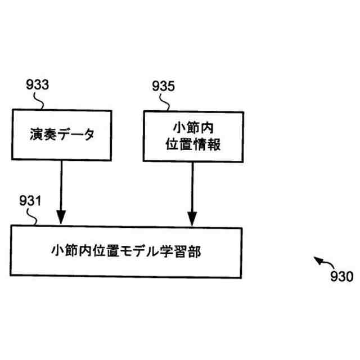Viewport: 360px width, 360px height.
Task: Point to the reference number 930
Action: [x=341, y=276]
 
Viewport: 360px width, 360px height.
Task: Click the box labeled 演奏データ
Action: [x=62, y=135]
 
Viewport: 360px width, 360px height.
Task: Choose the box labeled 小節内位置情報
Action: [x=193, y=136]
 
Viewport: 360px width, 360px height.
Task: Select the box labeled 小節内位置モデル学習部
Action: [x=126, y=251]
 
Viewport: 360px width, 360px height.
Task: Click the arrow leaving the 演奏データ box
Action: [x=61, y=191]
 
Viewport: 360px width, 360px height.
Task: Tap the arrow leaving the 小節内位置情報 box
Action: [x=192, y=191]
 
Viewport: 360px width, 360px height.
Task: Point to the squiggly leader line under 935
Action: [x=166, y=102]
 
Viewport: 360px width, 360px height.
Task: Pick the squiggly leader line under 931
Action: [x=35, y=217]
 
